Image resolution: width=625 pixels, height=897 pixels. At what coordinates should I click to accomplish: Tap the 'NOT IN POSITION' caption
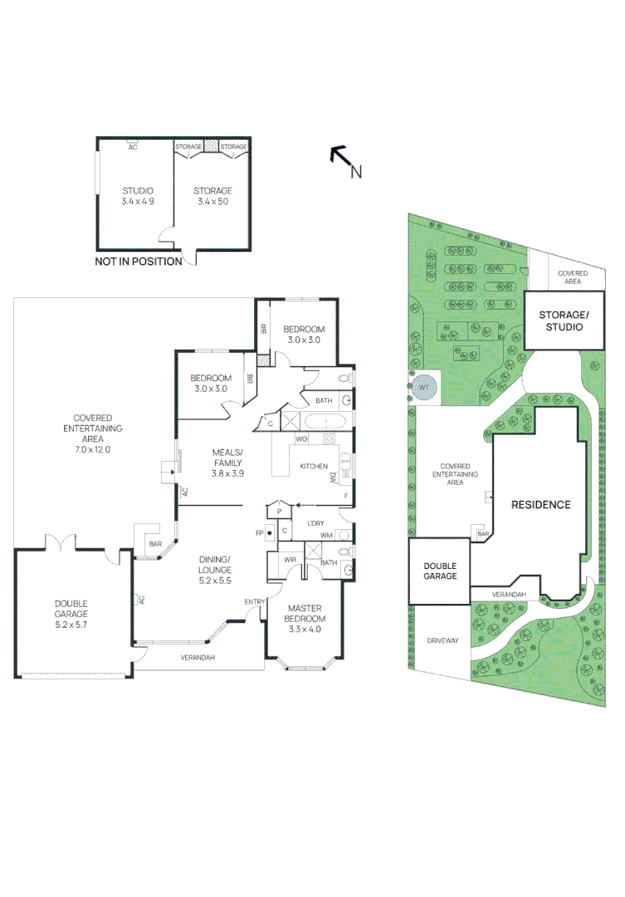point(139,262)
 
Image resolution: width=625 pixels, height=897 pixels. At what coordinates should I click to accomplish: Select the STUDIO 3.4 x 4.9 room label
point(138,196)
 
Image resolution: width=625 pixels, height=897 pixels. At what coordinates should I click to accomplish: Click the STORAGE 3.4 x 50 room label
point(212,196)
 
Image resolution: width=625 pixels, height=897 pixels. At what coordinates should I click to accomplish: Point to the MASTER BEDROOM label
point(304,619)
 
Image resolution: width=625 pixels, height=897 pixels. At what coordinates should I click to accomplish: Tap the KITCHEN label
point(313,466)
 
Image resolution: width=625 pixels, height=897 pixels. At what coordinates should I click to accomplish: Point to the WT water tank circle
point(424,388)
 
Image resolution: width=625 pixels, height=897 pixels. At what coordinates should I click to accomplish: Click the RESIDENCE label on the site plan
point(540,504)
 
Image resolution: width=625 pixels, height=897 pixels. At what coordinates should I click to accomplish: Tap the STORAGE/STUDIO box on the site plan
point(561,321)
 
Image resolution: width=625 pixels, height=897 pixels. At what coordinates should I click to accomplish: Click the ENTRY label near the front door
point(253,601)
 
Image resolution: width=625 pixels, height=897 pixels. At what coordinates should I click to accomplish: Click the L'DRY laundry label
point(315,523)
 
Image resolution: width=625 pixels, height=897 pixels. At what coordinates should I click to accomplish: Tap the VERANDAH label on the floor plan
point(198,657)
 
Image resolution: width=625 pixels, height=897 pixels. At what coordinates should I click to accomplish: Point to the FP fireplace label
point(259,532)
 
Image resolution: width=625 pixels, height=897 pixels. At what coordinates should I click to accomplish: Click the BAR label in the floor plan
point(154,545)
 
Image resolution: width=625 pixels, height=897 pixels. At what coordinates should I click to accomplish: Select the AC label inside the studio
point(132,147)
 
